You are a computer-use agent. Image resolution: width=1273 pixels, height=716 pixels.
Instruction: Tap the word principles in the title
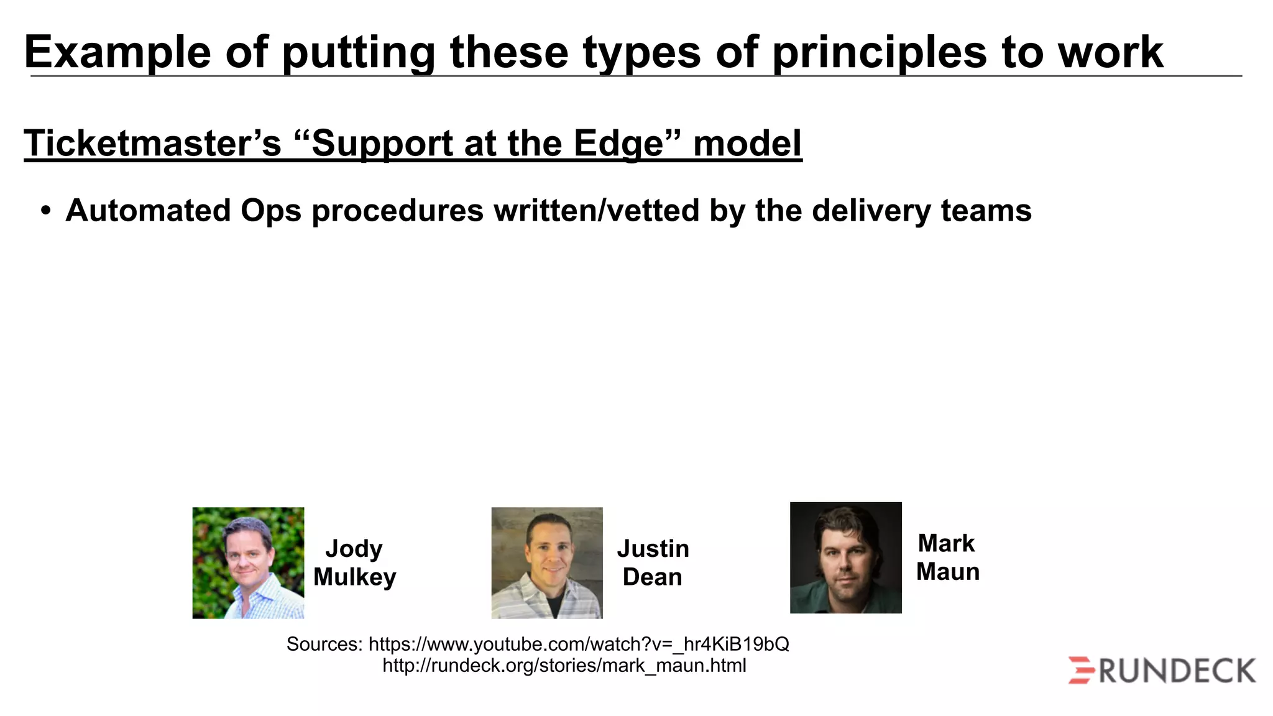[879, 52]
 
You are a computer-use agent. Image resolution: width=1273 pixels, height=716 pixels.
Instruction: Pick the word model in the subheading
[747, 144]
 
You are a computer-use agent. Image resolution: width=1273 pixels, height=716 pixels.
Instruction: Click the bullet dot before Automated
[45, 211]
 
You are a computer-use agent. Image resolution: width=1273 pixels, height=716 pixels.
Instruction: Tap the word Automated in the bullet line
[148, 211]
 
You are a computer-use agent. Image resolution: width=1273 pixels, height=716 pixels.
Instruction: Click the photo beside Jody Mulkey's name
[248, 562]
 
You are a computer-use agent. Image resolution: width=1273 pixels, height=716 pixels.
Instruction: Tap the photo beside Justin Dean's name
[547, 562]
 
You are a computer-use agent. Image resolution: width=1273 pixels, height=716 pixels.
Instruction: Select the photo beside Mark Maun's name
[845, 558]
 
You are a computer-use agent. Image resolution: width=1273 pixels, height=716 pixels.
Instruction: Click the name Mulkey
[354, 577]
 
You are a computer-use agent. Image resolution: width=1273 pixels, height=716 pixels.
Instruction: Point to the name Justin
[653, 549]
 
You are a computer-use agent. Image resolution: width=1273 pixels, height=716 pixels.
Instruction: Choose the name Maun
[947, 572]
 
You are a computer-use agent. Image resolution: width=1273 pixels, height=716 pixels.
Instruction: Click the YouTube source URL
[578, 644]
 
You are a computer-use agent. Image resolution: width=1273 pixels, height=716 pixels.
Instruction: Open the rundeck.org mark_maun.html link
[564, 666]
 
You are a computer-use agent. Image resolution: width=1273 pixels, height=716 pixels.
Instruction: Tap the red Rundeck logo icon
[1081, 670]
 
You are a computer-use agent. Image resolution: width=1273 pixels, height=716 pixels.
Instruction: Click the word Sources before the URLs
[323, 644]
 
